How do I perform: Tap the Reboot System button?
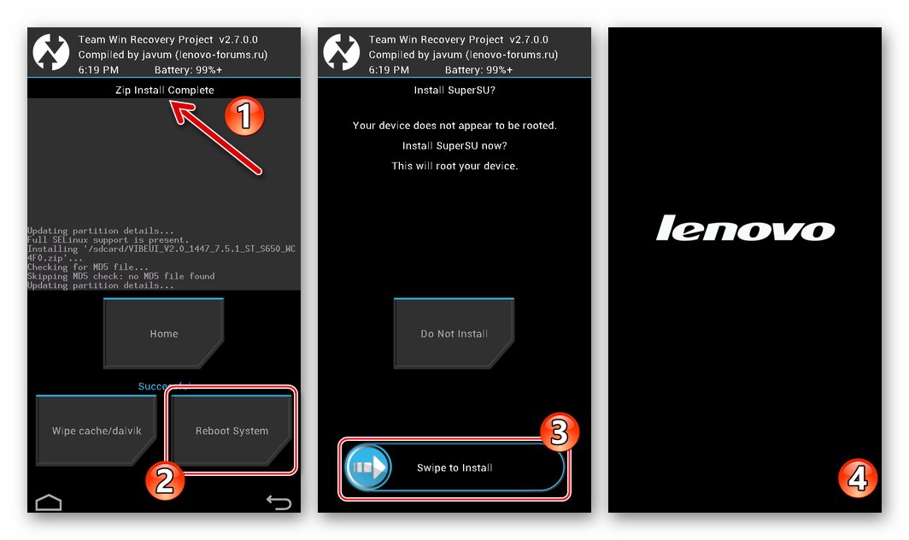point(232,431)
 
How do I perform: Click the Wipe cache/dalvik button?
point(95,431)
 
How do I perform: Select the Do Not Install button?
point(454,333)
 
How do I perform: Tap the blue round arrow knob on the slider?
point(367,467)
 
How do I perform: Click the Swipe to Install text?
point(454,467)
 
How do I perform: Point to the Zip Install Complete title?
point(164,90)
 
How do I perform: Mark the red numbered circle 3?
point(558,432)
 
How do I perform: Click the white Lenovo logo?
point(745,229)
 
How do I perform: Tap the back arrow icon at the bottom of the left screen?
point(279,502)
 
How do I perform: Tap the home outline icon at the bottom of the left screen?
point(49,502)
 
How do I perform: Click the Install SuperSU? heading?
point(454,90)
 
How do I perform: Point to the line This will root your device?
point(454,166)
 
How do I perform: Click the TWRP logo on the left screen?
point(50,53)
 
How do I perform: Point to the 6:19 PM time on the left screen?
point(98,70)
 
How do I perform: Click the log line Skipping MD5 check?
point(120,276)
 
